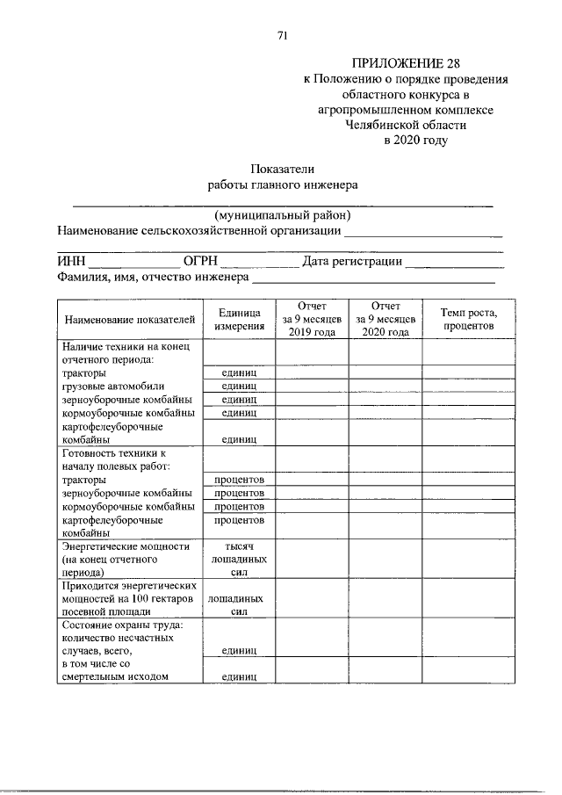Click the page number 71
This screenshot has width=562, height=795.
coord(282,35)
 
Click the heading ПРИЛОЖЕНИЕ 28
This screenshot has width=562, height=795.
coord(405,64)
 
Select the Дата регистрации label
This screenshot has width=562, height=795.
coord(352,261)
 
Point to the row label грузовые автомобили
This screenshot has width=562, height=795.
coord(113,386)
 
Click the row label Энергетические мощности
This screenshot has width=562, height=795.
coord(126,546)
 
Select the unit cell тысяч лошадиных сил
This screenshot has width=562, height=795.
coord(239,559)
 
